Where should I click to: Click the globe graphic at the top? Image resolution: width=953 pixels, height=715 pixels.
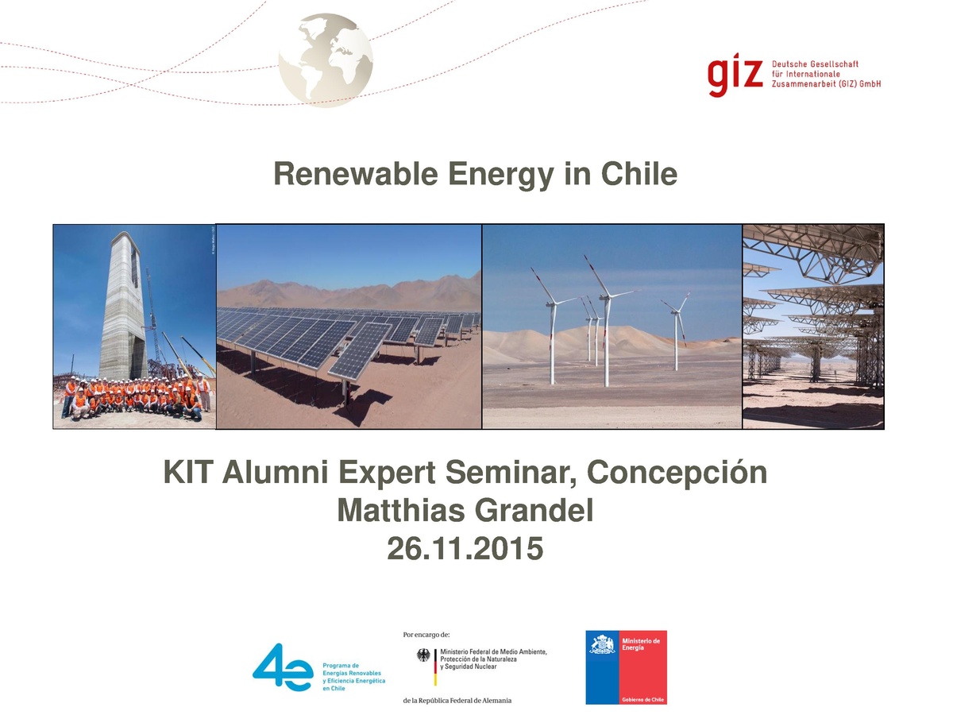coord(326,60)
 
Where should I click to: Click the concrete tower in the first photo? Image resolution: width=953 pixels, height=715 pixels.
coord(123,302)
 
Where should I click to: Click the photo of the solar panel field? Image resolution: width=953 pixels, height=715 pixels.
coord(349,327)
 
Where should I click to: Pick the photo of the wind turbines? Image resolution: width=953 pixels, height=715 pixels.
coord(612,327)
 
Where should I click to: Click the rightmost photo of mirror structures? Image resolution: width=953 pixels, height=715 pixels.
coord(812,327)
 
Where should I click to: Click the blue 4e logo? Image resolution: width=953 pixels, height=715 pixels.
coord(282,667)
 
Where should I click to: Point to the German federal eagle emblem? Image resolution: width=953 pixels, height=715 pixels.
coord(423,656)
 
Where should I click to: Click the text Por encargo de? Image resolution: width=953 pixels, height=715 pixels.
coord(426,635)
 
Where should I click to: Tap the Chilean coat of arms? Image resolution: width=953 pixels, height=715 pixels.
coord(603,644)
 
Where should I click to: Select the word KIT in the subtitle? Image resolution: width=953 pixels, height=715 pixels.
coord(189,473)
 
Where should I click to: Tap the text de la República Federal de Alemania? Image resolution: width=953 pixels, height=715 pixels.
coord(457,701)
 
